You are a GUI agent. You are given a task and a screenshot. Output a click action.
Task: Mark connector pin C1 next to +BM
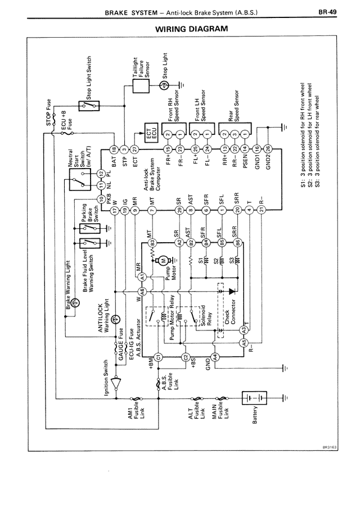pos(159,356)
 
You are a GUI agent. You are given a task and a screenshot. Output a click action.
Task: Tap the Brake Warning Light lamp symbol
pos(76,303)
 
